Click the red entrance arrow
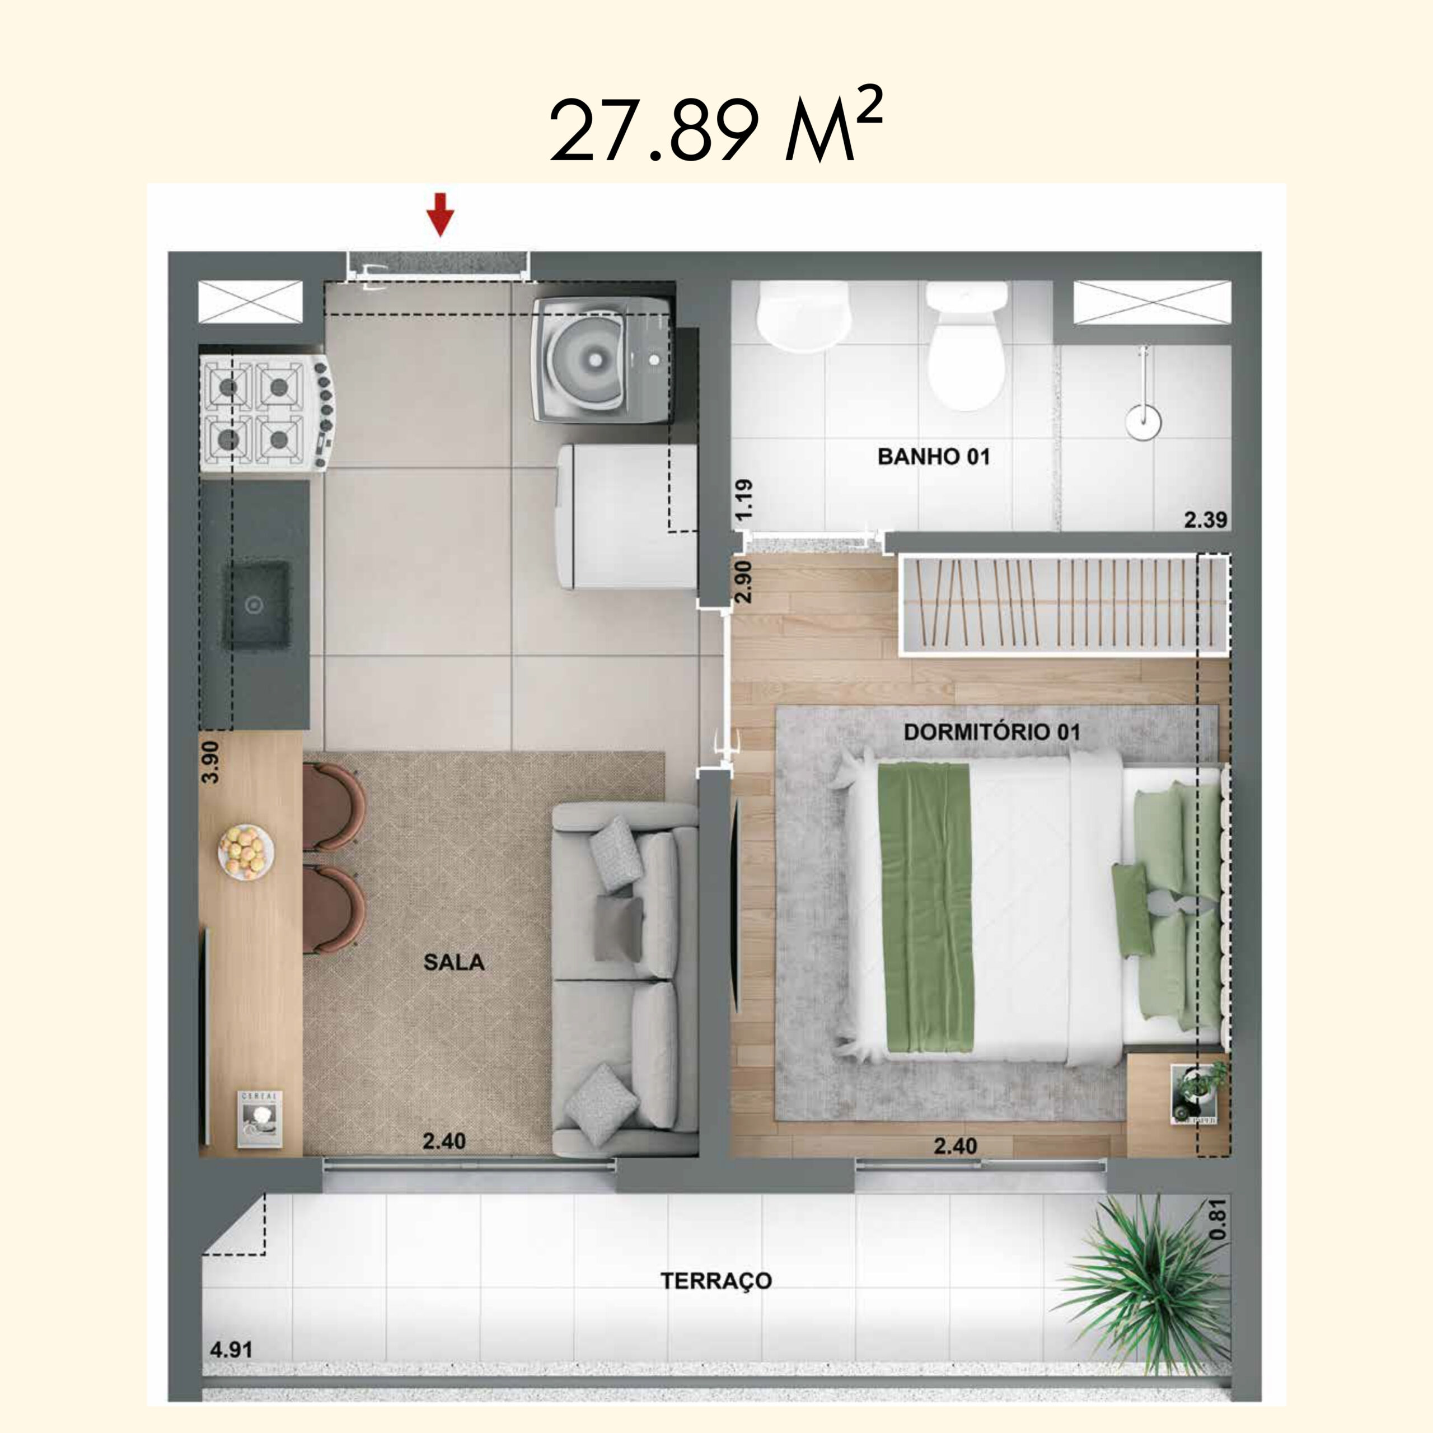pos(440,214)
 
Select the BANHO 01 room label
pos(933,456)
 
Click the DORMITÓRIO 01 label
pos(992,732)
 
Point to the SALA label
pos(454,962)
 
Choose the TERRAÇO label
pos(716,1281)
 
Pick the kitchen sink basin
pos(256,605)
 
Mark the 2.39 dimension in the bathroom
pos(1205,520)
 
